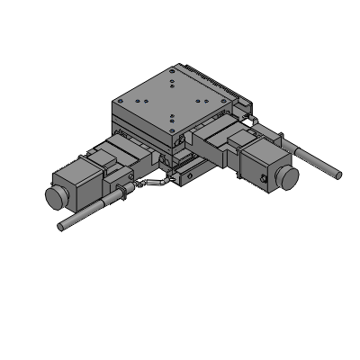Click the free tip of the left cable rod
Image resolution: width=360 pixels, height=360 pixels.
[62, 225]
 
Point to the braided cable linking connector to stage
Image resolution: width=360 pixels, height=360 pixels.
[153, 184]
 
